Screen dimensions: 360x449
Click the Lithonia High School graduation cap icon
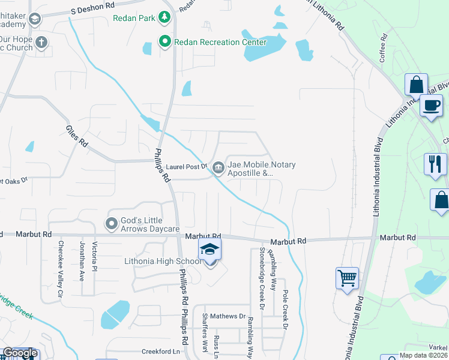[x=209, y=248]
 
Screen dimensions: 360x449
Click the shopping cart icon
[x=347, y=278]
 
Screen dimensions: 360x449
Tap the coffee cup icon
[x=431, y=106]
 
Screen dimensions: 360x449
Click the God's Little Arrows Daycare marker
[x=112, y=224]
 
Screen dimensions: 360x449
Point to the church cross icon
[x=41, y=42]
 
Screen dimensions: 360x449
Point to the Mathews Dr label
[x=232, y=316]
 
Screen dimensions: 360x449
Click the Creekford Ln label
[x=161, y=352]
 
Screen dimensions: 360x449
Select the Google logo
[x=20, y=353]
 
